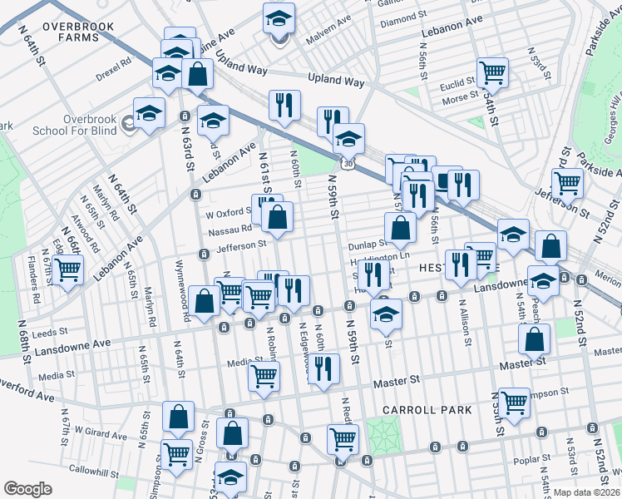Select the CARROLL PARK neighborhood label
pos(427,410)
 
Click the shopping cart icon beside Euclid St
pos(493,73)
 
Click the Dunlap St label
pos(368,245)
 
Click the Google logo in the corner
pos(27,488)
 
